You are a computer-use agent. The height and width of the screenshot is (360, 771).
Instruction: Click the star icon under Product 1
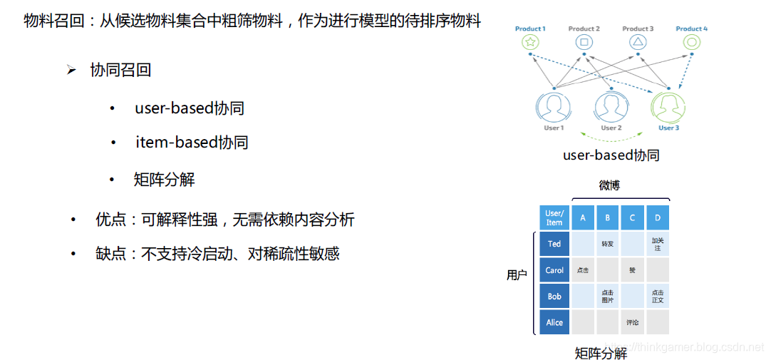(530, 43)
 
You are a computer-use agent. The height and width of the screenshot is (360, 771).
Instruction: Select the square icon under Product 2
(584, 43)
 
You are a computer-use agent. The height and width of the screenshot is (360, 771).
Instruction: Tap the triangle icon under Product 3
(638, 43)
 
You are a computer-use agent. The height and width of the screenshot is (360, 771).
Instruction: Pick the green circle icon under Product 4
(691, 43)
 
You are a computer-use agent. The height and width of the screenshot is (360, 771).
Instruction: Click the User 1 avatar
(554, 107)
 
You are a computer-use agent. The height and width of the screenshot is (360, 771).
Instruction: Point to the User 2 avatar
(611, 107)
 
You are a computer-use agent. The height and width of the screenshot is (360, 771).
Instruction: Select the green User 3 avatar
(668, 107)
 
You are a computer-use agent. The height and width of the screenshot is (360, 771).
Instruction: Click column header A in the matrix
(583, 217)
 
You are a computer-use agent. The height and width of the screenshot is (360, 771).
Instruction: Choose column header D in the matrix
(657, 217)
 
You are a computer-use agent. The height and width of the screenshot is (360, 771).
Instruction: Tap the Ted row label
(554, 244)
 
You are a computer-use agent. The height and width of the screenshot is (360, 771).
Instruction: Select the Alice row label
(554, 322)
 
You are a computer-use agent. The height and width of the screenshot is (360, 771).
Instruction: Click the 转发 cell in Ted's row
(608, 244)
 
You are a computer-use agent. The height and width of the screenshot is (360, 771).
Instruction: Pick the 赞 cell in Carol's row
(632, 270)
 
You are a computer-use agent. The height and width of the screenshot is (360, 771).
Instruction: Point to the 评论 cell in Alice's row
(632, 322)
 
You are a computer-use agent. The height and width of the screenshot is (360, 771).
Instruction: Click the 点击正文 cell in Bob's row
(657, 297)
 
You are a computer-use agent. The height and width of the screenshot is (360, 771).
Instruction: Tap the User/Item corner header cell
(554, 217)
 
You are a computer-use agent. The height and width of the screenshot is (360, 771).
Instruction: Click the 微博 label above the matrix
(609, 185)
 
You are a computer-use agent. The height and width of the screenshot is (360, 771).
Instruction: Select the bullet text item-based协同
(192, 143)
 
